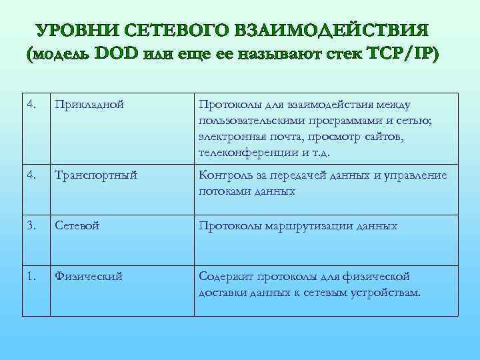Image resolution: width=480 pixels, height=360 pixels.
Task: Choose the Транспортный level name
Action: pos(96,175)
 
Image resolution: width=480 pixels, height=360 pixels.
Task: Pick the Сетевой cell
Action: pos(77,226)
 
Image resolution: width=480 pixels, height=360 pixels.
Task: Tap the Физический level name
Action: pos(89,276)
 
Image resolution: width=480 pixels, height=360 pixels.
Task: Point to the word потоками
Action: pos(223,191)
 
